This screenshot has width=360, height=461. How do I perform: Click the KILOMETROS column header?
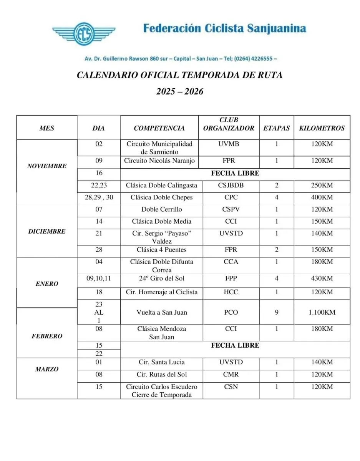(322, 128)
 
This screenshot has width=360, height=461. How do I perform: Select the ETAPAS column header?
(276, 128)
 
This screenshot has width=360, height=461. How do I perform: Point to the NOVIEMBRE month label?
(47, 166)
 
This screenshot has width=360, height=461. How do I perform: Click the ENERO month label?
(47, 284)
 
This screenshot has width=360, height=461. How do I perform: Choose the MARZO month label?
(47, 369)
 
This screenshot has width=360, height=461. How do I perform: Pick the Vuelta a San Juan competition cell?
(162, 312)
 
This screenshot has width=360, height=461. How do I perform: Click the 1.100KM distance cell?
(322, 312)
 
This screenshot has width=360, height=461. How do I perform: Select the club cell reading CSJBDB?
(231, 186)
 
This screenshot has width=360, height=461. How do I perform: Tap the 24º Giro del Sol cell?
(162, 279)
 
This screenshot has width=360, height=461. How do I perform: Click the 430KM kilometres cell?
(322, 279)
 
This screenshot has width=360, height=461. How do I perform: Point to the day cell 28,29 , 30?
(99, 197)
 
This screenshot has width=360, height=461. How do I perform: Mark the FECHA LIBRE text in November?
(235, 173)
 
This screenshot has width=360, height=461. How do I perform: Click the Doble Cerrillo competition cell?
(162, 209)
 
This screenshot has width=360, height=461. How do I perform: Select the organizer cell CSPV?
(231, 209)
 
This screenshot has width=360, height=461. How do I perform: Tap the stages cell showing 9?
(277, 312)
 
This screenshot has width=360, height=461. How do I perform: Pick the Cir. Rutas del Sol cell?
(162, 375)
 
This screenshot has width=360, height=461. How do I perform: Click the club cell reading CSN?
(231, 387)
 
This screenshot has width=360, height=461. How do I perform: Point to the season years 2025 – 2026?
(180, 91)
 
